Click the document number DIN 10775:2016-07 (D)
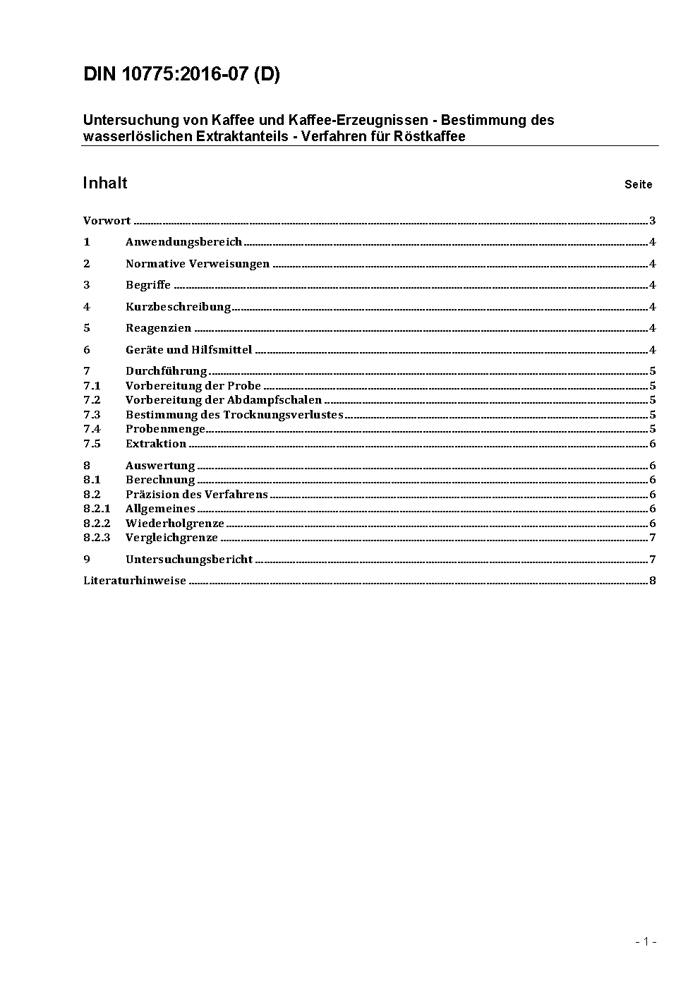point(181,75)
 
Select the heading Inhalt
point(104,183)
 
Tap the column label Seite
point(638,185)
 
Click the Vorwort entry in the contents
point(107,221)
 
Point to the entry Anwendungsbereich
point(183,242)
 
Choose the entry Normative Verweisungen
point(198,264)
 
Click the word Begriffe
point(148,285)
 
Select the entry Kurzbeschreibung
point(178,307)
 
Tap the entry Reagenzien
point(158,328)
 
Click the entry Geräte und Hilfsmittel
point(188,350)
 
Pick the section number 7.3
point(92,415)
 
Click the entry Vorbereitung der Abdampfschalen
point(223,400)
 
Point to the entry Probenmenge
point(165,429)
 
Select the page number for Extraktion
point(653,444)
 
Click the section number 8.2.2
point(97,524)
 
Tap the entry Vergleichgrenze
point(171,538)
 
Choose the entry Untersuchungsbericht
point(189,560)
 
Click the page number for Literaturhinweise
point(653,581)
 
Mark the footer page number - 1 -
point(646,941)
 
